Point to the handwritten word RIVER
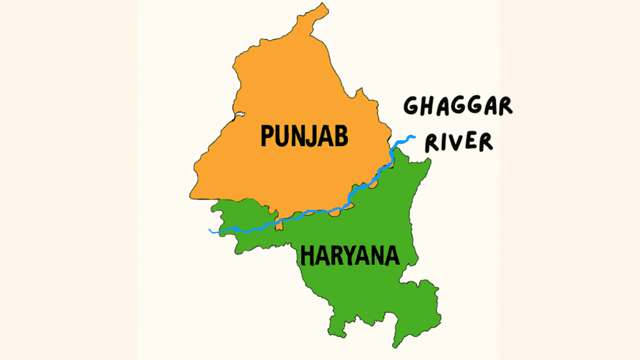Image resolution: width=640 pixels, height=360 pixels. tap(459, 142)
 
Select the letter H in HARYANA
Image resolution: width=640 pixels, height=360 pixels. tap(308, 256)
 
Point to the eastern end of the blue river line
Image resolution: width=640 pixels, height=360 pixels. tap(413, 136)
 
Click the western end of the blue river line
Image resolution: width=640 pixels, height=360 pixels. tap(209, 230)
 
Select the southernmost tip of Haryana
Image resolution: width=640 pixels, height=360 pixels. tap(395, 346)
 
